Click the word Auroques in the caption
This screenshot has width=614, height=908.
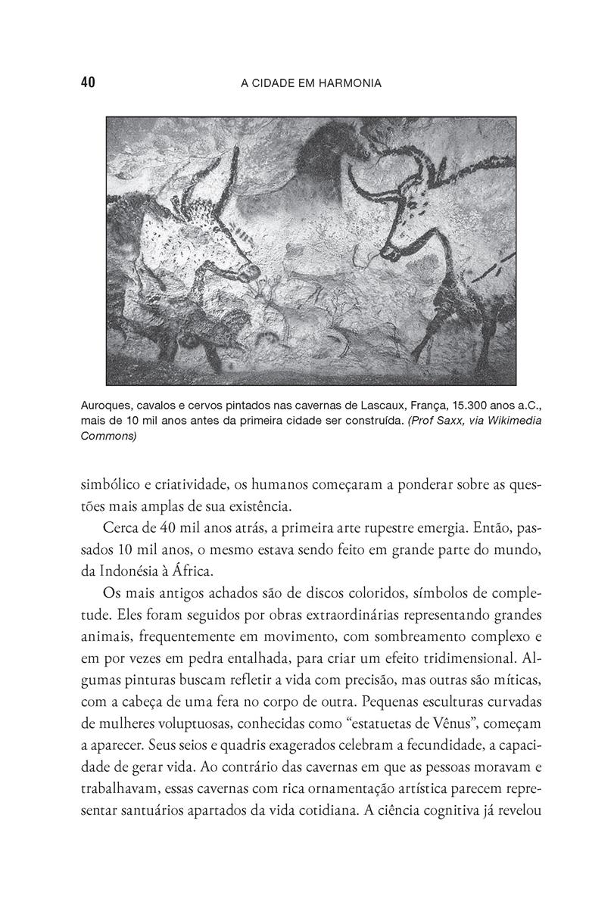106,407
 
